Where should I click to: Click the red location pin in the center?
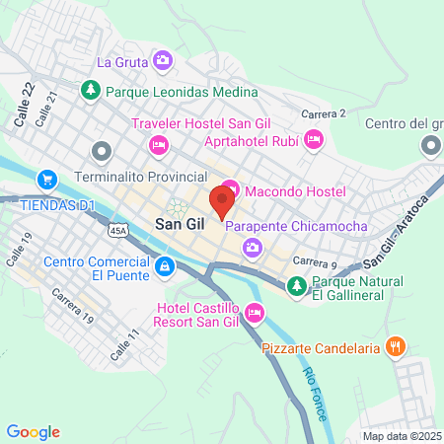click(x=221, y=201)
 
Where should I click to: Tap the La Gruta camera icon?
click(x=163, y=61)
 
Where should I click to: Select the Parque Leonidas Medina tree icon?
click(x=91, y=90)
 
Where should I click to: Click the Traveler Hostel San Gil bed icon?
click(x=158, y=144)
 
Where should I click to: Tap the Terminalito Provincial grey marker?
click(x=100, y=151)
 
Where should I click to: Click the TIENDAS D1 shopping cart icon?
click(x=45, y=180)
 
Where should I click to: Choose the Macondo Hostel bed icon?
click(x=229, y=186)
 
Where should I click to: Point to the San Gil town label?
click(x=181, y=225)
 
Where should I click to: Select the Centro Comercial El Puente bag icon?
click(x=165, y=264)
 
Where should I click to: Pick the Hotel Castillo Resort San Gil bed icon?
click(x=255, y=315)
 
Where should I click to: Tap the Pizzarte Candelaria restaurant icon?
click(x=395, y=346)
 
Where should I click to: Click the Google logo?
click(x=34, y=431)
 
